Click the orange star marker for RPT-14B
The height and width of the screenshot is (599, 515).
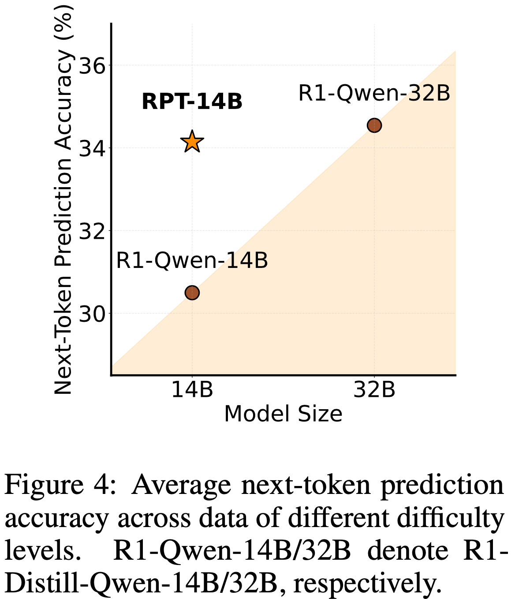coord(192,142)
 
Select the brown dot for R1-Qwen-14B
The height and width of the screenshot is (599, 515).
coord(192,293)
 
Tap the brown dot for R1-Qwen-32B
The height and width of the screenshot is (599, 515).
coord(374,125)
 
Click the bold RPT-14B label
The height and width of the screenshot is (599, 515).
coord(192,102)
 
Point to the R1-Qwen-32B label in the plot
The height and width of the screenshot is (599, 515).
coord(374,94)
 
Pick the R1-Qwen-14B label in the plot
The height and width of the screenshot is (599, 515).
coord(192,260)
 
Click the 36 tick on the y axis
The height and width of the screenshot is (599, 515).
coord(92,65)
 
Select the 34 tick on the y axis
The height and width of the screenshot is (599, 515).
coord(92,148)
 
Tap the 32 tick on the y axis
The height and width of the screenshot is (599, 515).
coord(92,231)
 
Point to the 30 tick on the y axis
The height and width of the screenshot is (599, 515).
coord(92,314)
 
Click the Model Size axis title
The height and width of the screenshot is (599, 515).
coord(283,414)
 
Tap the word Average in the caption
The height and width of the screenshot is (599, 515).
coord(181,486)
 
